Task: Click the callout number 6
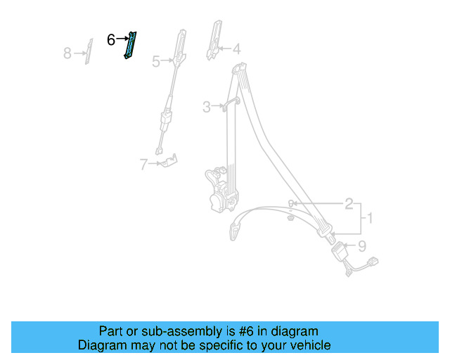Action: coord(111,40)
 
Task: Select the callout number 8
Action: coord(67,53)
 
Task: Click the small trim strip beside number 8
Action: coord(88,51)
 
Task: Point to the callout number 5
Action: coord(156,62)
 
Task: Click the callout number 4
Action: coord(236,49)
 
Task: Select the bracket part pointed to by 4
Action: coord(214,41)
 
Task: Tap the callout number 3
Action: coord(206,107)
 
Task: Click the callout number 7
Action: coord(143,165)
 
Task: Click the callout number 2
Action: coord(349,204)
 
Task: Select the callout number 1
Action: coord(370,219)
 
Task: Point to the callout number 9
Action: coord(362,246)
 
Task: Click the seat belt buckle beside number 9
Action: coord(340,251)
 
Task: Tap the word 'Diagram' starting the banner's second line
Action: coord(100,345)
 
